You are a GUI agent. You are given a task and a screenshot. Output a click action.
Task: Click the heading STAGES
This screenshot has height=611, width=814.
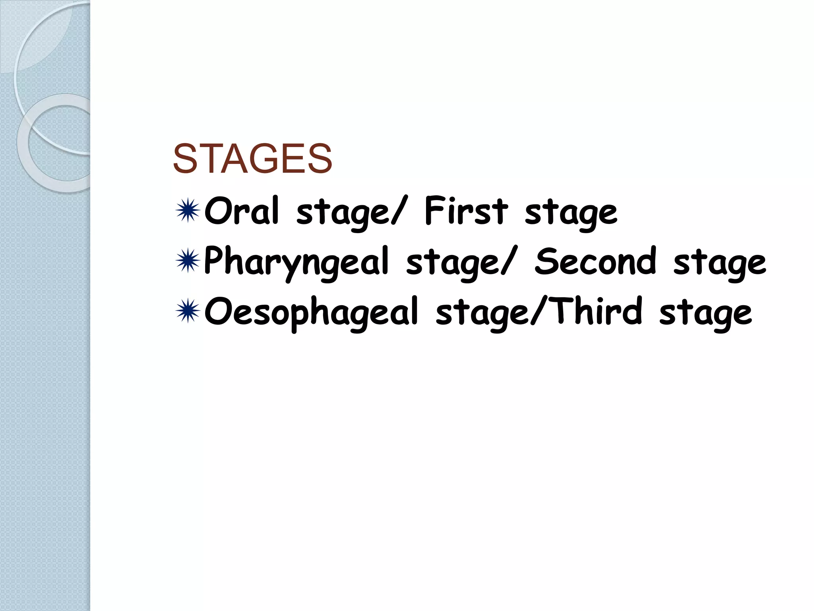[252, 159]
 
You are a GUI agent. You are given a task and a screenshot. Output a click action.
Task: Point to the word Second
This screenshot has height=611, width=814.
[595, 261]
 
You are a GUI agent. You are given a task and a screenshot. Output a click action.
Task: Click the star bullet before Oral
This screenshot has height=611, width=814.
[188, 211]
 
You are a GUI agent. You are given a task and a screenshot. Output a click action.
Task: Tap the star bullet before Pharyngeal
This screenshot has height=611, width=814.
[188, 261]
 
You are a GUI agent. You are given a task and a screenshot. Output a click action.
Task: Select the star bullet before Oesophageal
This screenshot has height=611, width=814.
[188, 311]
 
